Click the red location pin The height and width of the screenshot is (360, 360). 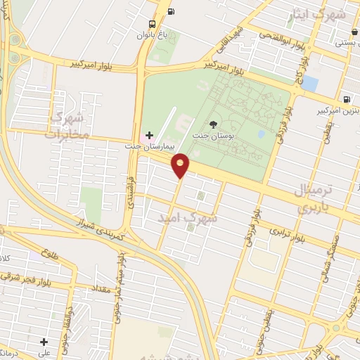(x=181, y=164)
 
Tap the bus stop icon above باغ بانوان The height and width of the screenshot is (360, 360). (x=171, y=11)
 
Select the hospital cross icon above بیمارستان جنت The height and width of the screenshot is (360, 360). (x=148, y=134)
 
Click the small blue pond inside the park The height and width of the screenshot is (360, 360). (x=262, y=133)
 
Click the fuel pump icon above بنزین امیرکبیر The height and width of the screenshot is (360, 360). (x=346, y=99)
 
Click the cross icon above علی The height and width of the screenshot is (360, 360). (x=44, y=342)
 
